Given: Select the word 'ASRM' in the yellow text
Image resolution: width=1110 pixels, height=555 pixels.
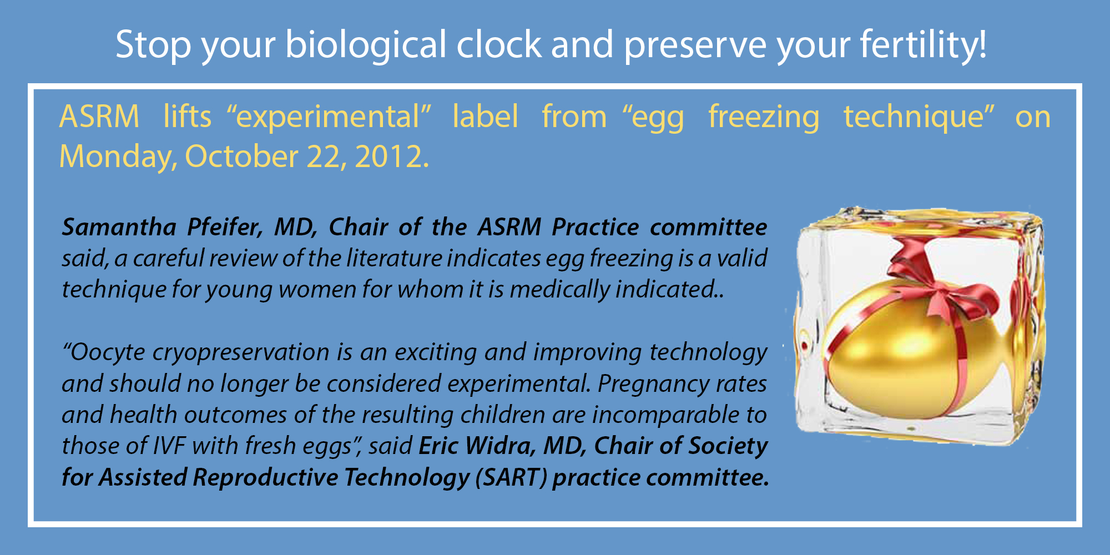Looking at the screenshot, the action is coord(99,117).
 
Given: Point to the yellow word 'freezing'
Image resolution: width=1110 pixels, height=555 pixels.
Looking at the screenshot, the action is coord(764,118).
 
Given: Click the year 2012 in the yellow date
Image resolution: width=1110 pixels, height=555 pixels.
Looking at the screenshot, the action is coord(391,157).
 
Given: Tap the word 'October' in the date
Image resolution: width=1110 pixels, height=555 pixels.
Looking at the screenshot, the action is coord(242,157).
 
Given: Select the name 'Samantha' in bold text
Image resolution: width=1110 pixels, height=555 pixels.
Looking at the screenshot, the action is coord(119,227).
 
